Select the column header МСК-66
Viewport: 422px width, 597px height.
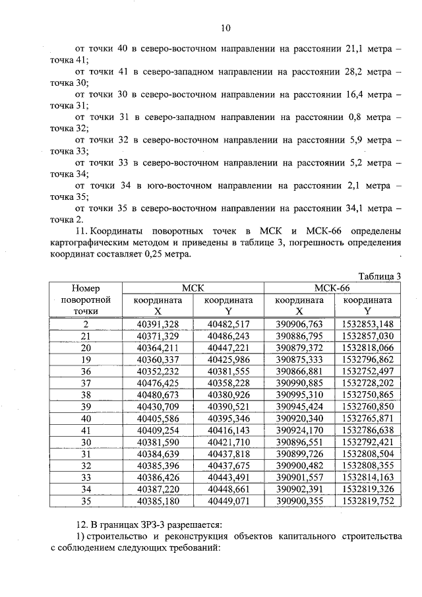pos(332,288)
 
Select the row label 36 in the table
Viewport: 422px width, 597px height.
pos(86,371)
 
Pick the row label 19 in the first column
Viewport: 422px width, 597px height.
pos(86,360)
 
